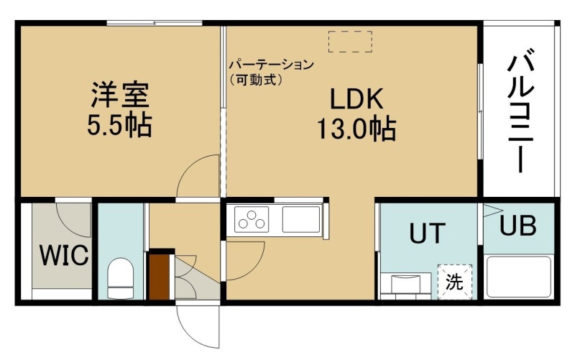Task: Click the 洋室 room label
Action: tap(120, 95)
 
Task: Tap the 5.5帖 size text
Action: tap(119, 125)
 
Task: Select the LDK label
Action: tap(356, 99)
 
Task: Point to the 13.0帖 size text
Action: tap(356, 129)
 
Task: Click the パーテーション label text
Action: tap(272, 65)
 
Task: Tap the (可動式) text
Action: tap(257, 80)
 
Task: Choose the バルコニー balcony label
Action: tap(520, 114)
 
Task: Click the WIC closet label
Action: tap(64, 255)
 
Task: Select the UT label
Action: tap(427, 233)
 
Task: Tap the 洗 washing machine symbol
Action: tap(455, 282)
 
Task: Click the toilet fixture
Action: tap(120, 278)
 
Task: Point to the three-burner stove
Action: tap(252, 219)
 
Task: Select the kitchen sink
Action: tap(301, 219)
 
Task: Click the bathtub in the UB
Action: tap(519, 277)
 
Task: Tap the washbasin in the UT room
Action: tap(406, 283)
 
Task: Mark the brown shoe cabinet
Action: tap(159, 277)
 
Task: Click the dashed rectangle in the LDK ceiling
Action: tap(350, 42)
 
